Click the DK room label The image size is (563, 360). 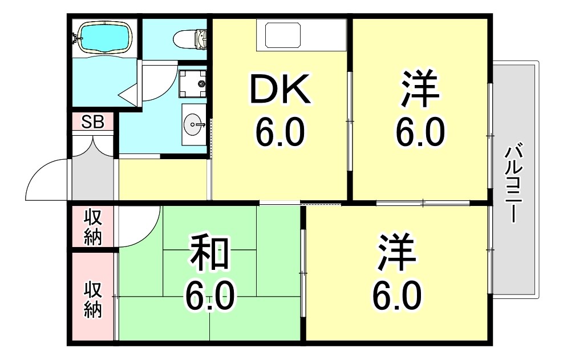tap(281, 89)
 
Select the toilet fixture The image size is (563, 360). tap(191, 38)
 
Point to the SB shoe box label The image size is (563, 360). tap(92, 122)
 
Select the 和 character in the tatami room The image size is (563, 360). tap(209, 253)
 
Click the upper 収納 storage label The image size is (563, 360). tap(93, 226)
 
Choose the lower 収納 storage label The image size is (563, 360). tap(93, 300)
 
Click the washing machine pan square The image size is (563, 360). tap(193, 84)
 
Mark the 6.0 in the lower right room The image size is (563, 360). tap(397, 296)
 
